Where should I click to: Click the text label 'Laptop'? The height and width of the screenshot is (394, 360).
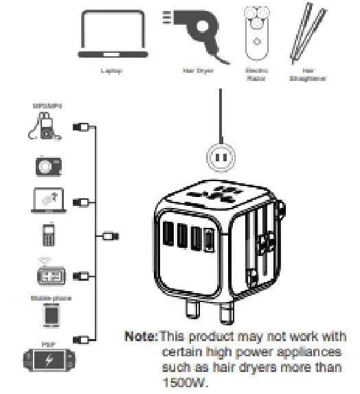(x=111, y=71)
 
